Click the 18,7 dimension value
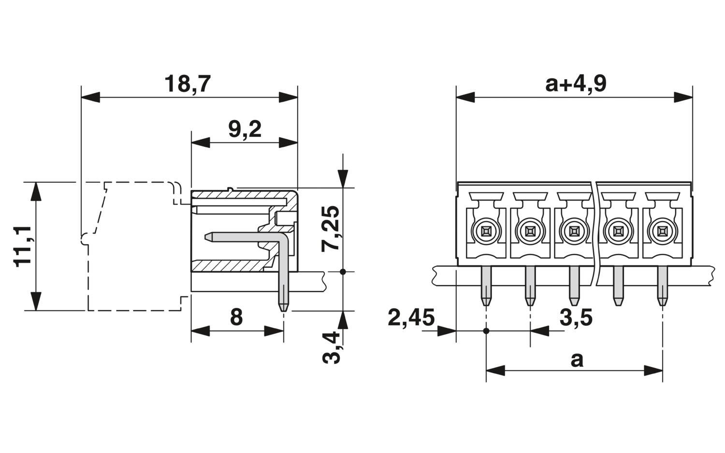[188, 84]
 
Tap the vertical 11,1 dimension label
[22, 245]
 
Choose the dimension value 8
[236, 318]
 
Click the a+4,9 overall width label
[576, 84]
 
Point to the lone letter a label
[577, 360]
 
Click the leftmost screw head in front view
[486, 231]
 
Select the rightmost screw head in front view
[662, 231]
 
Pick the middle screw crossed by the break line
[574, 231]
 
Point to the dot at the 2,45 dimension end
[486, 331]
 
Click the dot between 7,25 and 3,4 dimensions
[343, 272]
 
